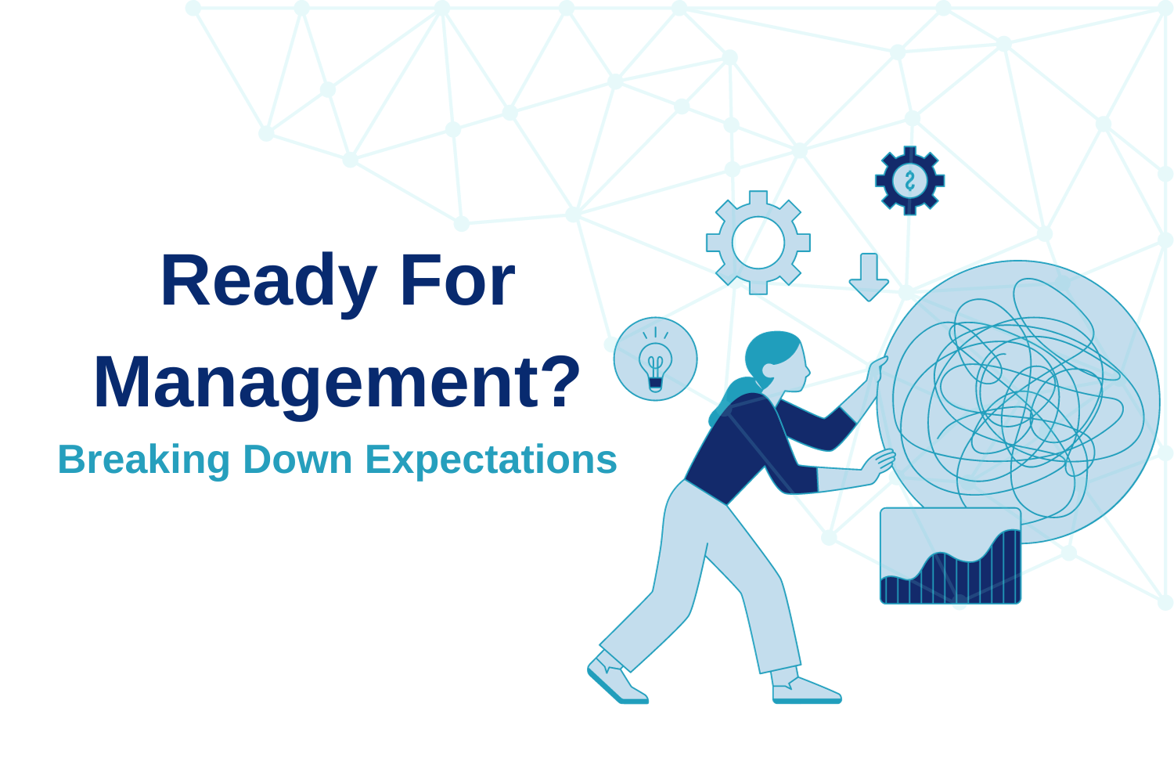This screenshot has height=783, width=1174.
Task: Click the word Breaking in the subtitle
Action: [143, 460]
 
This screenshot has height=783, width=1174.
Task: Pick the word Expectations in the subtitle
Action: [492, 460]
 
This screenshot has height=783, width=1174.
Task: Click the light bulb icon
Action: [655, 359]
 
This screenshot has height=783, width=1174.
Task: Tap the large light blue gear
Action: [758, 243]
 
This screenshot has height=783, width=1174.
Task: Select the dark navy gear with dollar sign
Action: [909, 180]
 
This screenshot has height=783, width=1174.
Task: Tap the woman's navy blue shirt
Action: [751, 446]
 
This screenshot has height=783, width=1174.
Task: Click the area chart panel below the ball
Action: [950, 556]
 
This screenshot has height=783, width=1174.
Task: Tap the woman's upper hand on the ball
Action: [877, 368]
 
